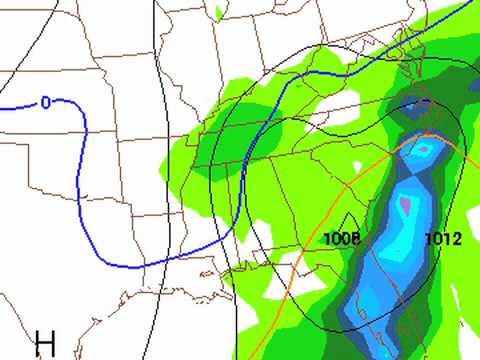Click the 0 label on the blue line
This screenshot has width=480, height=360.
(x=46, y=102)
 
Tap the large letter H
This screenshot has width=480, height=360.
(x=45, y=344)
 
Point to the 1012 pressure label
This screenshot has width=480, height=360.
(x=443, y=239)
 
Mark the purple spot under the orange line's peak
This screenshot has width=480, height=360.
(x=424, y=150)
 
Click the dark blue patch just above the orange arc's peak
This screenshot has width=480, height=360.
(x=416, y=106)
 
